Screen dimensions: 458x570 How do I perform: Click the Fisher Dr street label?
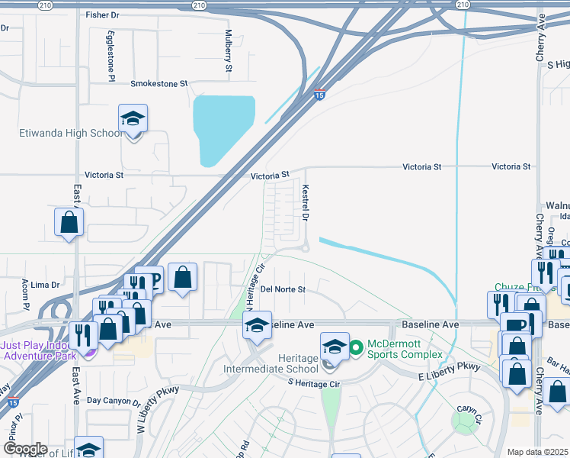(103, 15)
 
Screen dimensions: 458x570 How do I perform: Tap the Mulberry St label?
(228, 51)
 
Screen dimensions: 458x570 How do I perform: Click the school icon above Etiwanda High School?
(133, 119)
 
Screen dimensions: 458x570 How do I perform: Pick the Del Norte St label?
(283, 290)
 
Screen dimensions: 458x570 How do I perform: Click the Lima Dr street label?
(45, 285)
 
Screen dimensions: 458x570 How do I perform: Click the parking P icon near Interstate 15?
(152, 279)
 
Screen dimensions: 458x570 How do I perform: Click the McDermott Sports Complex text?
(405, 349)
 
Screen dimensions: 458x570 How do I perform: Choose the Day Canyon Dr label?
(114, 401)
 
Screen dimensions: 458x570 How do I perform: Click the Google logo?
(26, 449)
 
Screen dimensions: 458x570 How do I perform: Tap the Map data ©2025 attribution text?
(537, 452)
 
